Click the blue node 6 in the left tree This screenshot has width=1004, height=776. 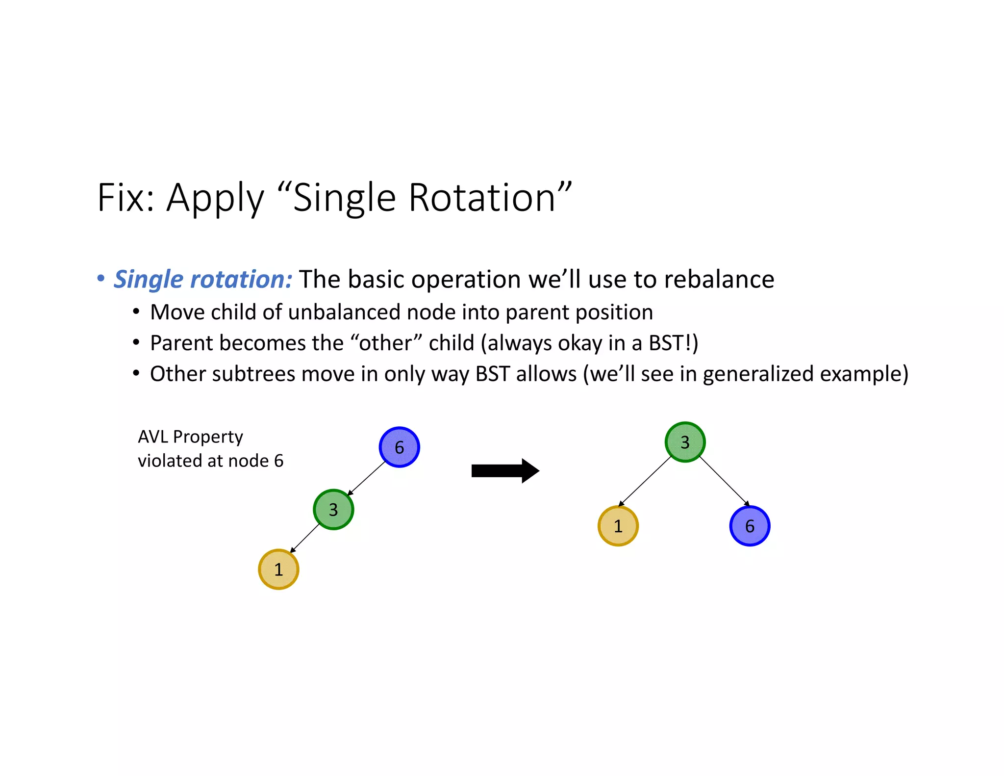(399, 447)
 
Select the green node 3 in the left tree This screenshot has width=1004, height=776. (333, 509)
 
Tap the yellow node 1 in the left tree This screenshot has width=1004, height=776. (278, 569)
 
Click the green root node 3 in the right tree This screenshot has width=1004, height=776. (685, 442)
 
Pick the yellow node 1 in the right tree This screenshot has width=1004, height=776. (618, 526)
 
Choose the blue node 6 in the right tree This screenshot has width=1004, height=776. (750, 526)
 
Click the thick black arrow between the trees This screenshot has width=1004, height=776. (505, 471)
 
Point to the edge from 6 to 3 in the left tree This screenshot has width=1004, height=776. (366, 478)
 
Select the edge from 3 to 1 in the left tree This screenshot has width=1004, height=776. (305, 538)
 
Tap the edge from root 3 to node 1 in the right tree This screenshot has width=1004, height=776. (645, 481)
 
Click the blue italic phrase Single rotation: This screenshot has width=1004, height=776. (203, 279)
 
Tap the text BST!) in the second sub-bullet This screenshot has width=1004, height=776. (673, 343)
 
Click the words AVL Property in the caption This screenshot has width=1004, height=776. (190, 437)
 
